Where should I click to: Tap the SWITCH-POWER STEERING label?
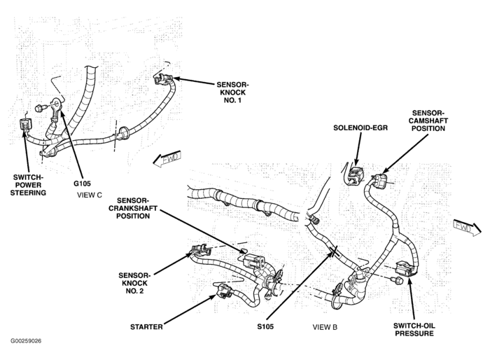coord(29,185)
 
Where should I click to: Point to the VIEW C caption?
coord(90,195)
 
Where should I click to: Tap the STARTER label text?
coord(147,326)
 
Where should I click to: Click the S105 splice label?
coord(265,326)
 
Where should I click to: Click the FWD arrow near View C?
coord(167,160)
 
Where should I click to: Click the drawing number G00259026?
coord(26,342)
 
